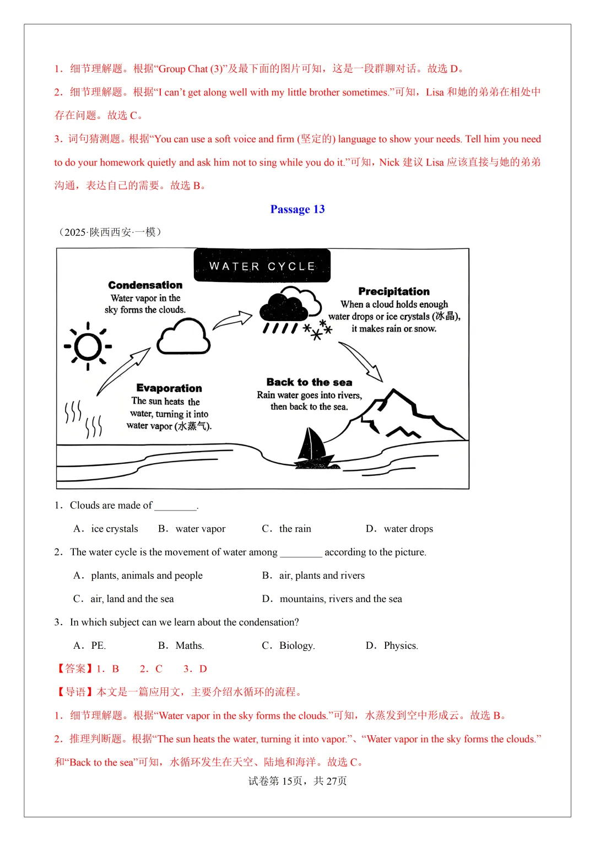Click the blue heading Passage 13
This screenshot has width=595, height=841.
pos(297,209)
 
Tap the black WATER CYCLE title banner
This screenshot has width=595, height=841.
pos(262,266)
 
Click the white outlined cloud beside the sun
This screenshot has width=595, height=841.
pos(183,337)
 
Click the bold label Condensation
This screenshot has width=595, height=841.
pos(145,285)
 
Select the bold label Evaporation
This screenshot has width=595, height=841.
pos(169,388)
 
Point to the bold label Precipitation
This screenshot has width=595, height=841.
pos(394,291)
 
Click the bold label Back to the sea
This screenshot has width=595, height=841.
pos(309,382)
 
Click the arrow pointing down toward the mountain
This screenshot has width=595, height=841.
pos(360,361)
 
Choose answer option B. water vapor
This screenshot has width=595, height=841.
pos(192,529)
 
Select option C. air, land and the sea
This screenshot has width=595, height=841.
pos(124,599)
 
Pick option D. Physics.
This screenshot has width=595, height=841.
pos(392,645)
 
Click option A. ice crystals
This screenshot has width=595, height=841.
pos(106,529)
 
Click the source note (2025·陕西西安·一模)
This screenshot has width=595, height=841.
pos(110,232)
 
